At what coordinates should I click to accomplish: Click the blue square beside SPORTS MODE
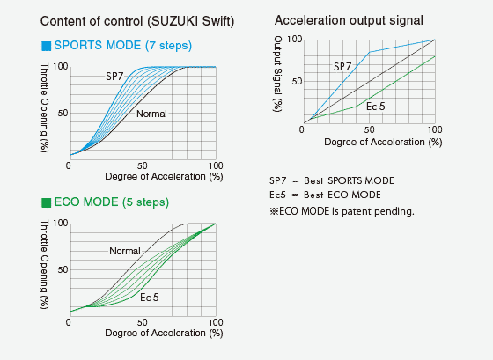coord(46,46)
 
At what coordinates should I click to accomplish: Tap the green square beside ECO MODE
coord(46,202)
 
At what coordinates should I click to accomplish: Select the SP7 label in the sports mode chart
coord(114,77)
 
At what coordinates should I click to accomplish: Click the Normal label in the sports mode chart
coord(151,114)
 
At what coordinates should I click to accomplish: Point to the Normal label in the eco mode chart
coord(124,251)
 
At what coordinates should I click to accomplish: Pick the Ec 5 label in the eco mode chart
coord(150,298)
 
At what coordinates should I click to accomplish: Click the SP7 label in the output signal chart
coord(342,67)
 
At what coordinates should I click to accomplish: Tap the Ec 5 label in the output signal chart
coord(375,107)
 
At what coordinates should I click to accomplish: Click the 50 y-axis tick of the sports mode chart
coord(63,113)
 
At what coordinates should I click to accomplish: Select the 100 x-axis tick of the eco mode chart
coord(216,322)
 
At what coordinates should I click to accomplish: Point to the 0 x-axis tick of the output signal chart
coord(302,129)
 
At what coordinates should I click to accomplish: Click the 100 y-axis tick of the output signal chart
coord(295,40)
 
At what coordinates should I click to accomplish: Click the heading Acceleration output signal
coord(349,20)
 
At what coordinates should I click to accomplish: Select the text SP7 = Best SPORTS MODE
coord(332,180)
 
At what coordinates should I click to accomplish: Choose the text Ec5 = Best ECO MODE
coord(325,195)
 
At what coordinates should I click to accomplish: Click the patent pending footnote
coord(342,211)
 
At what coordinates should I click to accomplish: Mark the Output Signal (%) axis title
coord(277,74)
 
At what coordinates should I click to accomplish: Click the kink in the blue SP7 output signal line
coord(370,52)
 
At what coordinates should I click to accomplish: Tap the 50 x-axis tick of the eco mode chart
coord(142,322)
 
